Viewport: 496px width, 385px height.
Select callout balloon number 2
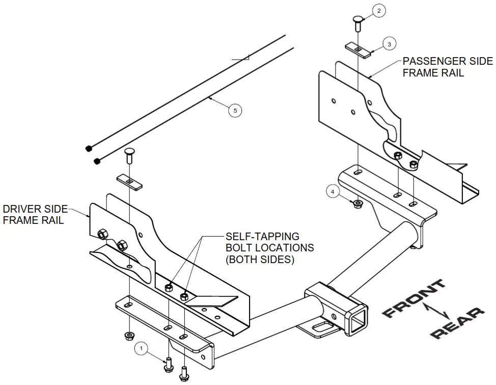378,10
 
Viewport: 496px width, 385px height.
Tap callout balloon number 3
389,44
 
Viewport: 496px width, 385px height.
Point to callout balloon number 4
333,192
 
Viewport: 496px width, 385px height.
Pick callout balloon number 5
235,110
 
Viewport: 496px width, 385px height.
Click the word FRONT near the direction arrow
413,299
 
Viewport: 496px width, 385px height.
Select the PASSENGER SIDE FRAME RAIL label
447,67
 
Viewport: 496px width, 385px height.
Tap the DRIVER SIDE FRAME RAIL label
35,215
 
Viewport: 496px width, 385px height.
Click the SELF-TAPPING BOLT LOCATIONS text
269,248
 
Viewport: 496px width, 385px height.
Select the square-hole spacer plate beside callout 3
359,49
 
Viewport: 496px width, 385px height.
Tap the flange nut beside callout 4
357,203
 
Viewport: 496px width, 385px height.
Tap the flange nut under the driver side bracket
128,336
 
